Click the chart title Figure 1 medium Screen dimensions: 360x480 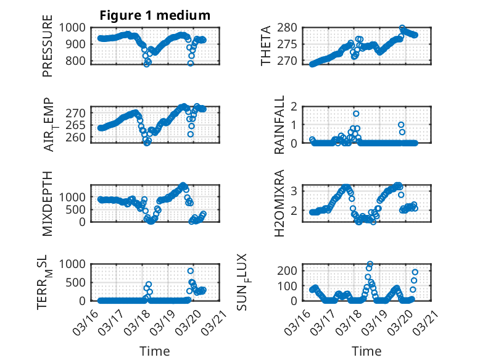tap(155, 15)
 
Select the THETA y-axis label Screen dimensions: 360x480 tap(266, 45)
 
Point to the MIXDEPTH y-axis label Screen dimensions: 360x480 tap(48, 203)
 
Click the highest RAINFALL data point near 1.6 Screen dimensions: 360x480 tap(356, 114)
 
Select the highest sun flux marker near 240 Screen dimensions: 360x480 tap(370, 264)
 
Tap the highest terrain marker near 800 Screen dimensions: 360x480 tap(191, 271)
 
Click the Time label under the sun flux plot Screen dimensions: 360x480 tap(366, 351)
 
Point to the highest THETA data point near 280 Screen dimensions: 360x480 tap(402, 28)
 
